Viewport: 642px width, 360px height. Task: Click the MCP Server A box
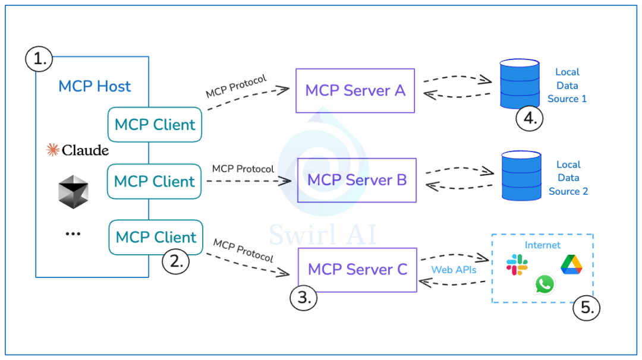pyautogui.click(x=355, y=90)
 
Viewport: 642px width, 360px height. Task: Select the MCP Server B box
pyautogui.click(x=357, y=180)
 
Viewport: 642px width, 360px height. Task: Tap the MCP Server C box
pyautogui.click(x=357, y=270)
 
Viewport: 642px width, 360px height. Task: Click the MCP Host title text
pyautogui.click(x=95, y=87)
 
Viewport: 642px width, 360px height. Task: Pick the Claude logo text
pyautogui.click(x=78, y=150)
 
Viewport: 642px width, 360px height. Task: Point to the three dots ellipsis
pyautogui.click(x=73, y=234)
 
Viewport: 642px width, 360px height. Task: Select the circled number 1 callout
pyautogui.click(x=39, y=59)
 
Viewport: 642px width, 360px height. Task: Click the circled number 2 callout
pyautogui.click(x=175, y=261)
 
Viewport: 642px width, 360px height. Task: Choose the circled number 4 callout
pyautogui.click(x=530, y=119)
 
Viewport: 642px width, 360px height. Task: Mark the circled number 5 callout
pyautogui.click(x=586, y=308)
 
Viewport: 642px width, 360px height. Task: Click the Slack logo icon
pyautogui.click(x=517, y=264)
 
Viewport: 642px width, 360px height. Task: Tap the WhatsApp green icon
pyautogui.click(x=544, y=284)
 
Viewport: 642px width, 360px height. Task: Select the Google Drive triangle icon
pyautogui.click(x=571, y=264)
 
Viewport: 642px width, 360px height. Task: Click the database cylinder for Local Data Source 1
pyautogui.click(x=520, y=84)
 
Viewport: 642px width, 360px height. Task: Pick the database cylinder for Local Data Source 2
pyautogui.click(x=521, y=175)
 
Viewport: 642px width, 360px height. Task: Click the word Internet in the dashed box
pyautogui.click(x=542, y=245)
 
